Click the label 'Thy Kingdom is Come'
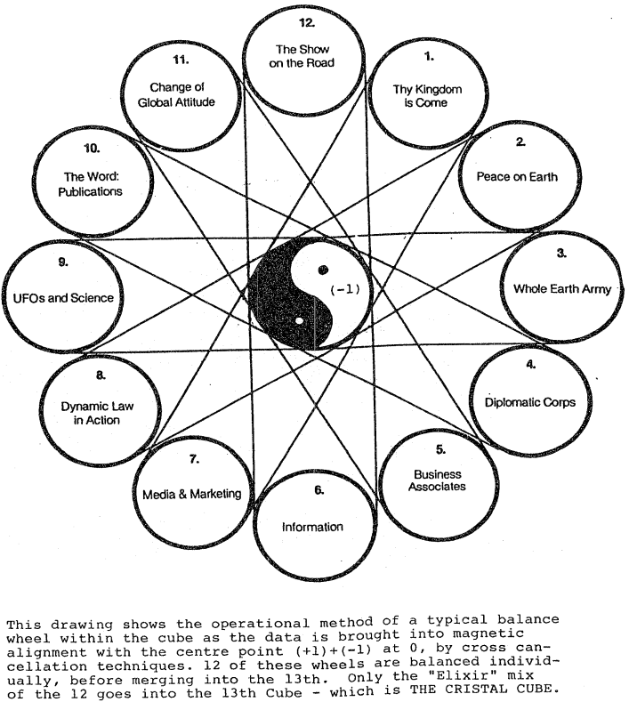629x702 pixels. pos(427,96)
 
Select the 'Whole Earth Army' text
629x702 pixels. pos(560,290)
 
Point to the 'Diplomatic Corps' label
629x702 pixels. pos(529,402)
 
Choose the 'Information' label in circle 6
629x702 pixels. pos(312,527)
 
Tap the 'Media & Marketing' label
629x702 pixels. pos(191,494)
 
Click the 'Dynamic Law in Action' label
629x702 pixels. pos(97,413)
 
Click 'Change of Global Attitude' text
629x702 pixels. pos(181,95)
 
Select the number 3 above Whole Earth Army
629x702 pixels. pos(560,253)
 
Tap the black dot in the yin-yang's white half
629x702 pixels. pos(324,269)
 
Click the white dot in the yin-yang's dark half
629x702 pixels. pos(300,319)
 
